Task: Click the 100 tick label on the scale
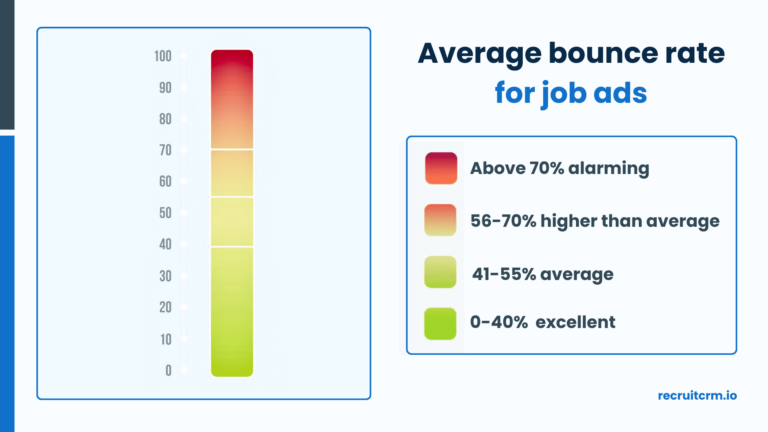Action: [x=163, y=56]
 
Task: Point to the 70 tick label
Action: [x=165, y=150]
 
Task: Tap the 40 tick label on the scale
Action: [x=165, y=244]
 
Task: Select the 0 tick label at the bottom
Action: [x=168, y=370]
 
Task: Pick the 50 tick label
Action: [x=165, y=213]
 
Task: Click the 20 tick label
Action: [x=165, y=307]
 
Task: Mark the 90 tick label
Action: [x=165, y=88]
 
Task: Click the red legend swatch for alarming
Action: [x=441, y=168]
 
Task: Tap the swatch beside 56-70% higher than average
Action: [x=440, y=220]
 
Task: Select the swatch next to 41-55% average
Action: [x=440, y=272]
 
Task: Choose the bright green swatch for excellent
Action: [x=440, y=324]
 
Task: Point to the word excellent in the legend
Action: [x=576, y=322]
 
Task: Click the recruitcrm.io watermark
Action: [x=697, y=395]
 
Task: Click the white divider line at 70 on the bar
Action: [x=232, y=149]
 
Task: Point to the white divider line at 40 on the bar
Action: [x=232, y=246]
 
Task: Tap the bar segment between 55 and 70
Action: [x=232, y=173]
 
